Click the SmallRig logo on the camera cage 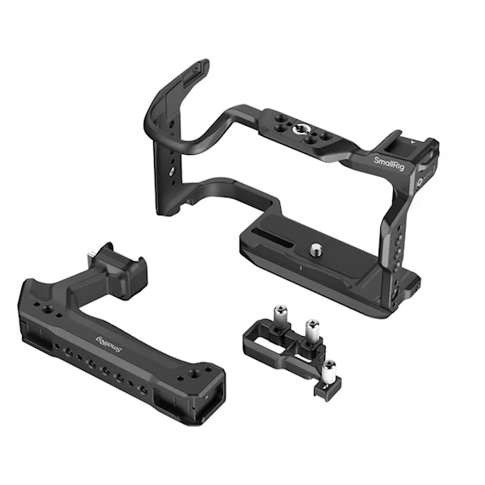(x=389, y=164)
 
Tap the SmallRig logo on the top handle (x=109, y=345)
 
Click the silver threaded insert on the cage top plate (x=300, y=128)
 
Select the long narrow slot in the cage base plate (x=272, y=237)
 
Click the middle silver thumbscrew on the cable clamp (x=312, y=329)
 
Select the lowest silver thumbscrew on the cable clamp (x=328, y=370)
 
